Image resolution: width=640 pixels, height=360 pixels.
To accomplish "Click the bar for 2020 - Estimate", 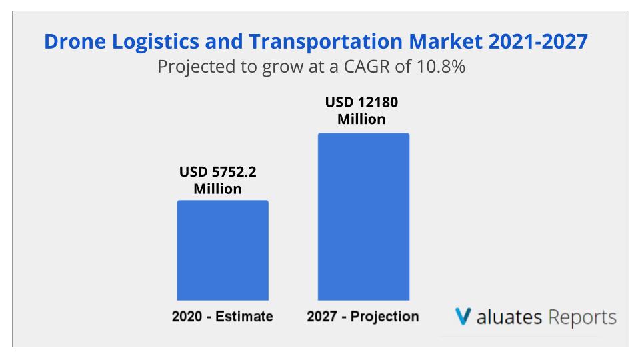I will [222, 250].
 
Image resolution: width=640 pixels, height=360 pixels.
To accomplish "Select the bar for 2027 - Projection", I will [363, 217].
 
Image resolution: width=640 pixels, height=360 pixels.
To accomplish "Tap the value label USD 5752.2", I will [218, 172].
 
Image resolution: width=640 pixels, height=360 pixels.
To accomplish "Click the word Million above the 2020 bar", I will [218, 189].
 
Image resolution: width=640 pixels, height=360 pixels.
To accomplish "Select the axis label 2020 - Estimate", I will [222, 317].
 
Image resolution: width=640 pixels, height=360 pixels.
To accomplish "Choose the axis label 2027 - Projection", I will [363, 317].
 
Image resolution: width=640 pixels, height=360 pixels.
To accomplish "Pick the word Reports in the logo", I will [582, 317].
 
